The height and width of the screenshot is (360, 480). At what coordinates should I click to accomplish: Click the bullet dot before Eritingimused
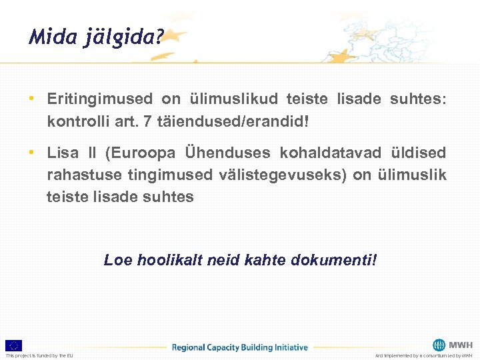(x=31, y=99)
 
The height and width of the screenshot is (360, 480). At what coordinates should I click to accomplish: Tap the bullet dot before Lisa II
(x=31, y=153)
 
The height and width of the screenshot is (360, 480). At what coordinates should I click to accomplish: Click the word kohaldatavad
(x=333, y=153)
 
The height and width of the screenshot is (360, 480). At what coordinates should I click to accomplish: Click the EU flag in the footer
(x=14, y=345)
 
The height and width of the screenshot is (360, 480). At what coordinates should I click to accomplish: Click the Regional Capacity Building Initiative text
(x=240, y=347)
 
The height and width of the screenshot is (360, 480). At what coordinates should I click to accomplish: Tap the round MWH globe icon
(x=439, y=345)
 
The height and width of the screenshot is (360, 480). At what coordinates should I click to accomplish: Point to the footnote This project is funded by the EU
(x=40, y=355)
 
